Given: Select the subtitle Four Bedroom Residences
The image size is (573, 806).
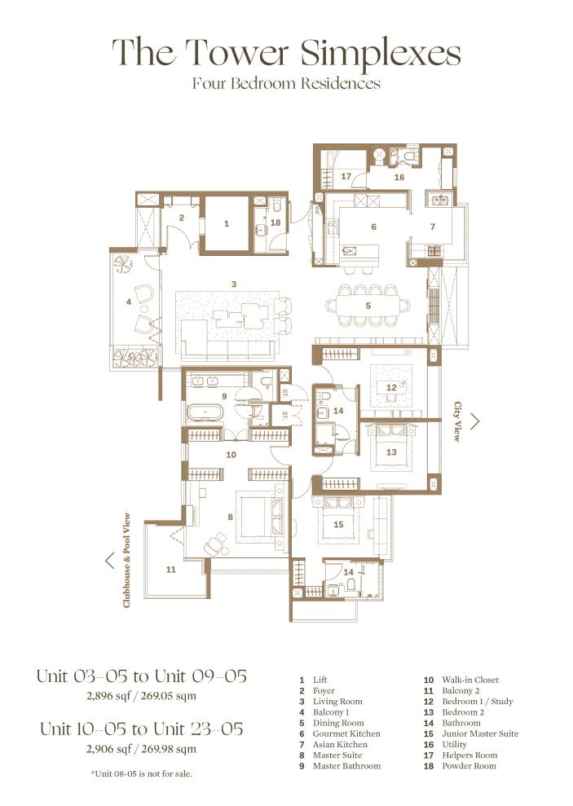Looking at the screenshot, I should click(286, 83).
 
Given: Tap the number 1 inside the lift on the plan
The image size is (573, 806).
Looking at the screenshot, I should click(227, 222).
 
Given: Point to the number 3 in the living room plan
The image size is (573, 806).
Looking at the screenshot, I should click(234, 284).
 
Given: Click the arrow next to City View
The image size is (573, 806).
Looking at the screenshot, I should click(475, 421).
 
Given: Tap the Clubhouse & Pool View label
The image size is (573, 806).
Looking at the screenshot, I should click(127, 560).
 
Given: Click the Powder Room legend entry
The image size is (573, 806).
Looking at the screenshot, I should click(469, 766).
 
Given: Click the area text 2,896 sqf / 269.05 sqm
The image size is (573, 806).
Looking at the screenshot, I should click(141, 696).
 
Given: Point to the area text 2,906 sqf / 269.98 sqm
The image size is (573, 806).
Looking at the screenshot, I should click(141, 749).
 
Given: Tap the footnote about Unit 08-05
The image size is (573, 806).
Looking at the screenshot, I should click(141, 772).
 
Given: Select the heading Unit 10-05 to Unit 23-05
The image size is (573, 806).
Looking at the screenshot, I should click(141, 729).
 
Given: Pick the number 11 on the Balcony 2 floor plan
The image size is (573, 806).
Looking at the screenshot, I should click(170, 570).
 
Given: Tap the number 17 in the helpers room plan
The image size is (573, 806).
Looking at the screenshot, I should click(346, 176).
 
